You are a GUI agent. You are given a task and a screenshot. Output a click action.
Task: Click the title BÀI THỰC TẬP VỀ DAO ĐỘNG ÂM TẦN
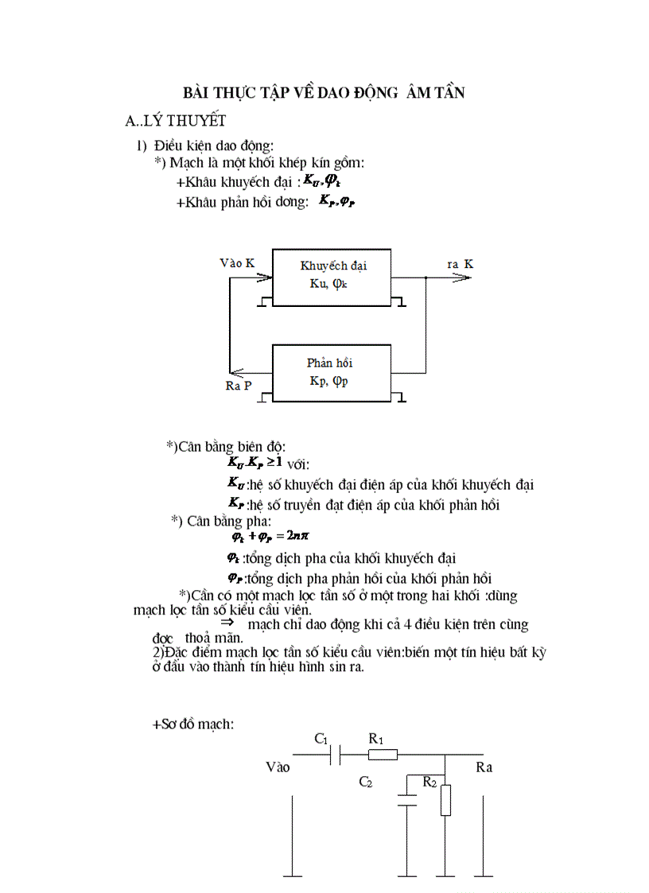tap(324, 93)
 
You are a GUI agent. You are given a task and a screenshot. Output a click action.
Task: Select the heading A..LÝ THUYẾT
tap(176, 121)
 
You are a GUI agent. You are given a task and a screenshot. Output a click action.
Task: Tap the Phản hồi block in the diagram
tap(332, 371)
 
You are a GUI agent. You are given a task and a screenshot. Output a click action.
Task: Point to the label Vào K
tap(237, 263)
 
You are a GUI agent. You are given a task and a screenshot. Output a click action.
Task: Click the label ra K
tap(461, 263)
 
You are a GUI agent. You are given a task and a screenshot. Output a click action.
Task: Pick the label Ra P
tap(239, 386)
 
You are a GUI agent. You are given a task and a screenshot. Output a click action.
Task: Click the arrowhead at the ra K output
tap(462, 278)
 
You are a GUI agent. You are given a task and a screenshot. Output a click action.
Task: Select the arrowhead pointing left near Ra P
tap(236, 371)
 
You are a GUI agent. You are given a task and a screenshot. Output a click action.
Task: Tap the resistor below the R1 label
tap(383, 754)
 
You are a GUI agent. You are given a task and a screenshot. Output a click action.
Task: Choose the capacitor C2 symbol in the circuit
tap(407, 798)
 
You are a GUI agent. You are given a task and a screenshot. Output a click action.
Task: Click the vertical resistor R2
tap(445, 799)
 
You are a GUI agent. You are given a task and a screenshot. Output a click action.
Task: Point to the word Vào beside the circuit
tap(278, 767)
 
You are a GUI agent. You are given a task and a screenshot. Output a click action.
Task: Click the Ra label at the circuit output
tap(484, 767)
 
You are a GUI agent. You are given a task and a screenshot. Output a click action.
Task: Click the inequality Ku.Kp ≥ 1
tap(255, 462)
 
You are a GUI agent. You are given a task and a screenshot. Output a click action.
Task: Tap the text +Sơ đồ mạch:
tap(192, 724)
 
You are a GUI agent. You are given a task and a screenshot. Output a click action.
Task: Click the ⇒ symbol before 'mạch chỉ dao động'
tap(226, 623)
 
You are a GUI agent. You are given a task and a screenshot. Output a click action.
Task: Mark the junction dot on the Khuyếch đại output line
tap(426, 278)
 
